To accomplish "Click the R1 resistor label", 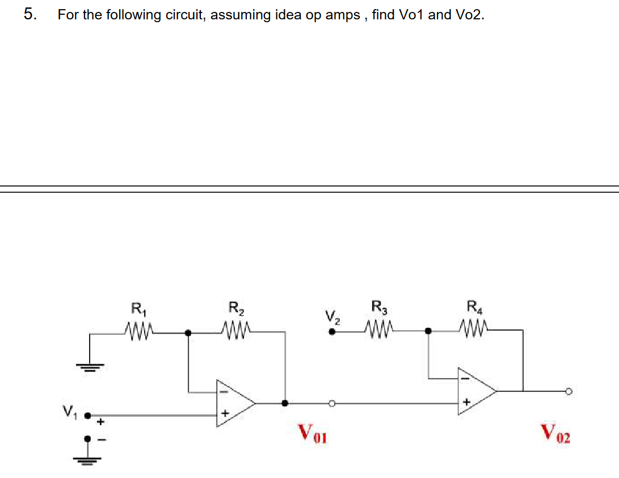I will pyautogui.click(x=137, y=310).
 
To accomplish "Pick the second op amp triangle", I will pyautogui.click(x=477, y=390).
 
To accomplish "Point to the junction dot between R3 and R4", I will pyautogui.click(x=428, y=330).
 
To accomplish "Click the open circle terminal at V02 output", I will pyautogui.click(x=567, y=390).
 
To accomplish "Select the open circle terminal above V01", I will pyautogui.click(x=332, y=403).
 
